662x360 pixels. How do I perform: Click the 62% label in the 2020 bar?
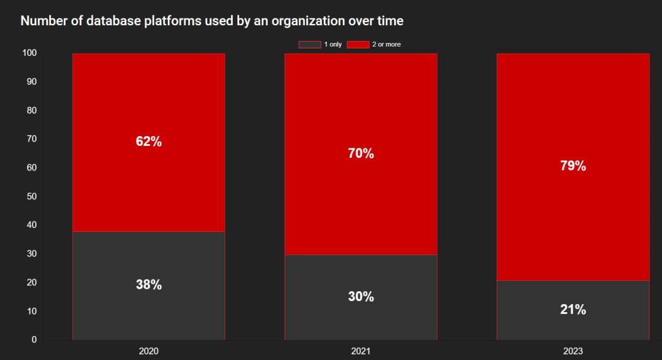148,141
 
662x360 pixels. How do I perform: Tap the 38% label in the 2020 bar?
148,285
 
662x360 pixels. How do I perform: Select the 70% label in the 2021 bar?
361,153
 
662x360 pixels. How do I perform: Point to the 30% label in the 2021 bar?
361,297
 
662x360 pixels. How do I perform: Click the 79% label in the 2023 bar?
573,166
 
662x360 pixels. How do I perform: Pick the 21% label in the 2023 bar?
573,309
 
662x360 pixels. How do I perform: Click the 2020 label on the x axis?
148,351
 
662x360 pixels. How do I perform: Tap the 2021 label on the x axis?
361,351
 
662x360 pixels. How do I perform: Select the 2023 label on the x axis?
573,351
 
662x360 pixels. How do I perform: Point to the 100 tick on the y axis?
29,53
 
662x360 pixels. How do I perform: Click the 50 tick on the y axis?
32,196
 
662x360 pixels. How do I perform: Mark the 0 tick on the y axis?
34,340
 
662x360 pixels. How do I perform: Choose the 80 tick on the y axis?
32,110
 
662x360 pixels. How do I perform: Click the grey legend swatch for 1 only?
310,44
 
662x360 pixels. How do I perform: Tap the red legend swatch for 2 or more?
358,44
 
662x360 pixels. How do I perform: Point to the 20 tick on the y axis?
32,282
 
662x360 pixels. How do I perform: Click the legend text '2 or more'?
386,44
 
